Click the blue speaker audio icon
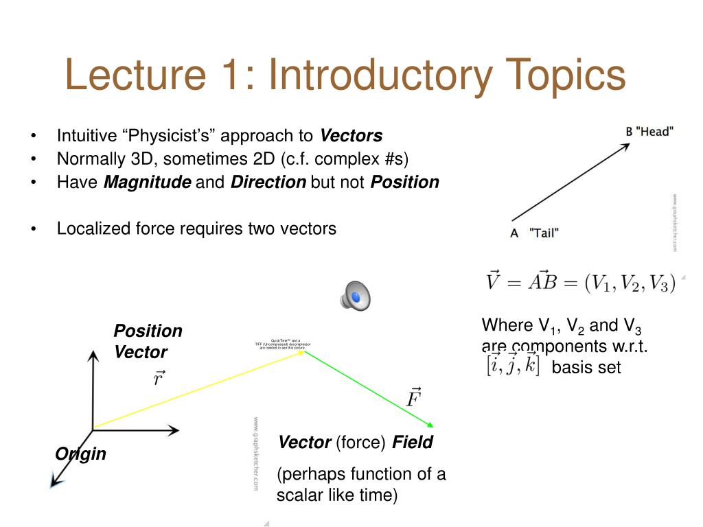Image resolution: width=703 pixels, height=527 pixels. tap(355, 296)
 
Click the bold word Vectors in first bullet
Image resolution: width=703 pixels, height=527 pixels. tap(351, 135)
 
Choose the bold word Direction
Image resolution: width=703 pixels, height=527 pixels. tap(268, 182)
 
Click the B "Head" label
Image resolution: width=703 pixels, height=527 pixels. tap(649, 131)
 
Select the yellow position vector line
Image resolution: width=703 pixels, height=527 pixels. tap(199, 390)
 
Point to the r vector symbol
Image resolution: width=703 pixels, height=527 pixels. tap(159, 377)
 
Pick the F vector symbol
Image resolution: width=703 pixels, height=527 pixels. tap(413, 396)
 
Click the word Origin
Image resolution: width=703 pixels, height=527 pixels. tap(81, 454)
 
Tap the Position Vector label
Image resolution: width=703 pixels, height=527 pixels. tap(147, 341)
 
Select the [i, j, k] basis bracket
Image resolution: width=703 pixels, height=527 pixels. tap(511, 364)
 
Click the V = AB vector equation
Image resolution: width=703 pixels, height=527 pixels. tap(581, 283)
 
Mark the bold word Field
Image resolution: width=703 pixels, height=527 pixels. tap(413, 443)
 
